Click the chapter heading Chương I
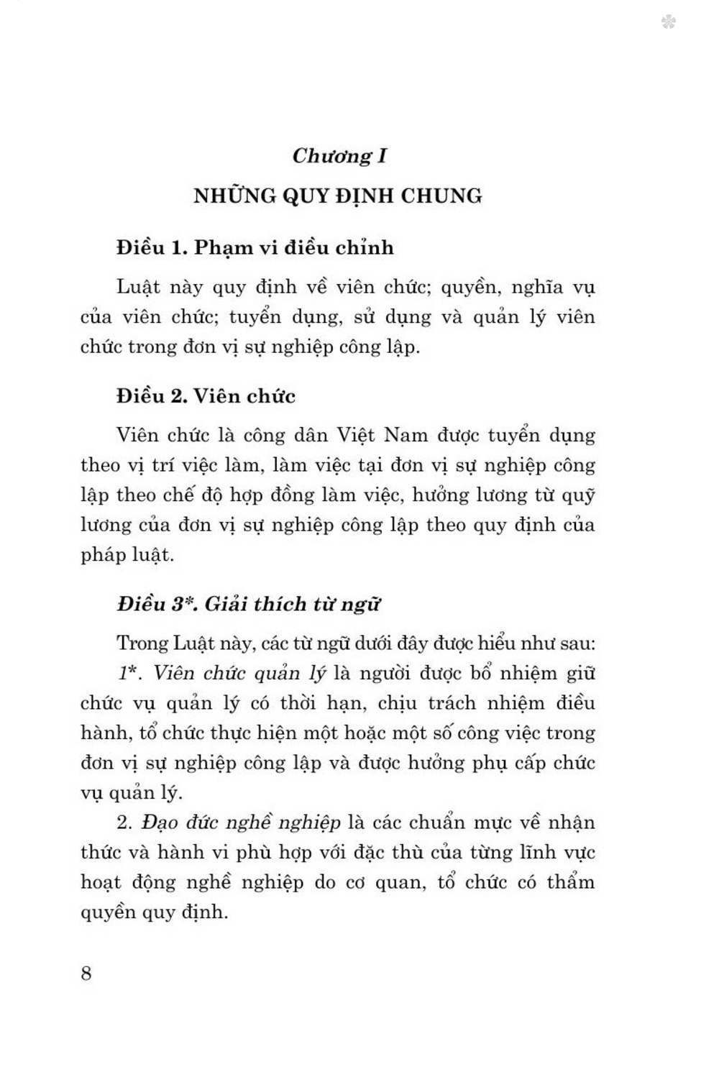(x=339, y=156)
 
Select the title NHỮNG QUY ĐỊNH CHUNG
(x=338, y=196)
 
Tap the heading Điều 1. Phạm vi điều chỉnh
(x=255, y=247)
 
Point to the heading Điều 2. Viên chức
(x=206, y=396)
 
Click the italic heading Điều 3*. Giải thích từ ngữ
(x=249, y=604)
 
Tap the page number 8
(x=86, y=973)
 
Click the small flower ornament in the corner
(x=668, y=22)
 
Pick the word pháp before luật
(x=104, y=555)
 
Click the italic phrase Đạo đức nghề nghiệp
(x=241, y=823)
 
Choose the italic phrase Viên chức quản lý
(x=239, y=674)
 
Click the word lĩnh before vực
(x=531, y=853)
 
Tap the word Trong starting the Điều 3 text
(x=142, y=643)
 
